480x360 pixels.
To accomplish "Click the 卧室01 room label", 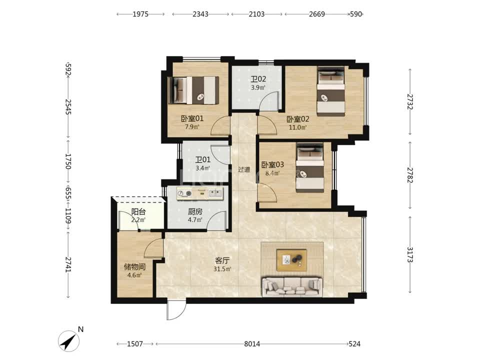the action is tap(192, 118).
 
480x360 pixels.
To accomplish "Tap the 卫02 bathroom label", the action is tap(258, 79).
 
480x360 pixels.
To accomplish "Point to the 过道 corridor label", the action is tap(244, 169).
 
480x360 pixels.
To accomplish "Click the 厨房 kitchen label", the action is tap(195, 211).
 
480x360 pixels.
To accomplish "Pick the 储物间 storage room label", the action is tap(134, 267).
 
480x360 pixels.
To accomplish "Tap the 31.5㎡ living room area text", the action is tap(222, 269).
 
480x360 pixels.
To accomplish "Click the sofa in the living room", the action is tap(292, 287).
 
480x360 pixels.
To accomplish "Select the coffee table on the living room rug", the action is tap(291, 260).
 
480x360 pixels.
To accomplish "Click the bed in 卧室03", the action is tap(310, 168).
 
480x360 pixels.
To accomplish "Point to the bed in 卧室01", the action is tap(193, 90).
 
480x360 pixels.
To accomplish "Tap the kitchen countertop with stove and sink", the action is tap(200, 193).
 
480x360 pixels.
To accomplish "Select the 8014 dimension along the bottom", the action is tap(252, 344).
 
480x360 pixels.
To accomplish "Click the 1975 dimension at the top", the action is tap(140, 14).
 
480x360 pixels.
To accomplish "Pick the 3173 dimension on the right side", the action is tap(410, 254).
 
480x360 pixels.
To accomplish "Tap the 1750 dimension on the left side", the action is tap(68, 161).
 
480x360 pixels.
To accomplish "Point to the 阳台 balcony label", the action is tap(138, 212).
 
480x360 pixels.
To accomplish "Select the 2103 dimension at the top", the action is tap(256, 14).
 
